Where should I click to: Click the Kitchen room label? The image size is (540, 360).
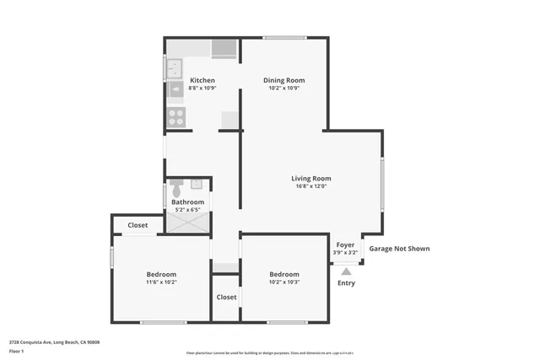202,80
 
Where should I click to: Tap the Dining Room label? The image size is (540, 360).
284,80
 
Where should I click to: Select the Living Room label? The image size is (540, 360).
310,178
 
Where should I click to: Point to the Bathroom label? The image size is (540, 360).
187,202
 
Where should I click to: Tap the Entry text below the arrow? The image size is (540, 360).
346,282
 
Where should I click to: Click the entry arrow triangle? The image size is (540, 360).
346,271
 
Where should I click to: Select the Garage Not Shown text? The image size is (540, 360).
400,249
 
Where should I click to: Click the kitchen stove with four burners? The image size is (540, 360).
176,117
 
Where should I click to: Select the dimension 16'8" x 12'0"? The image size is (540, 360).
310,186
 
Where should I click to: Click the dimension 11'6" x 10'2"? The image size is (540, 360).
161,283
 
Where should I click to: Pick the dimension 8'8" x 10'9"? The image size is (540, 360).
202,89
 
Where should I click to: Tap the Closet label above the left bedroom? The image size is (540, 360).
138,225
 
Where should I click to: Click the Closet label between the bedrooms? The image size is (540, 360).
226,297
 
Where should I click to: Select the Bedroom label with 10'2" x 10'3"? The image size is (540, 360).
284,275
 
